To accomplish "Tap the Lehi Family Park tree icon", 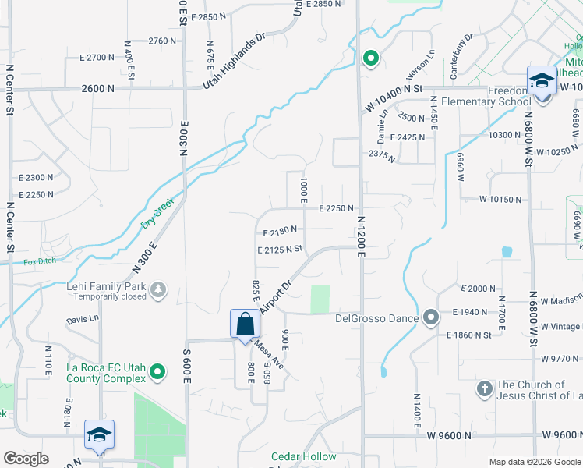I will tap(159, 290).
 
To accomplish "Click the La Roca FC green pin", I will tap(157, 372).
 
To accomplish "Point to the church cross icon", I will tap(483, 388).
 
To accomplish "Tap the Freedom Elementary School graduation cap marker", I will tap(542, 82).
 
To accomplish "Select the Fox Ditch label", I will tap(40, 261).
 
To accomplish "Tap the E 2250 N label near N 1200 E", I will tap(336, 208).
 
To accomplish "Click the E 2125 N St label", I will tap(279, 250).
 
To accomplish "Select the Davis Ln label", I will tap(83, 318).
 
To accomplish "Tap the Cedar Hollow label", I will tap(303, 456).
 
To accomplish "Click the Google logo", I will tap(26, 459).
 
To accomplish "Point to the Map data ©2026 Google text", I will tap(534, 462).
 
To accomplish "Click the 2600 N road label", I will tap(97, 89).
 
